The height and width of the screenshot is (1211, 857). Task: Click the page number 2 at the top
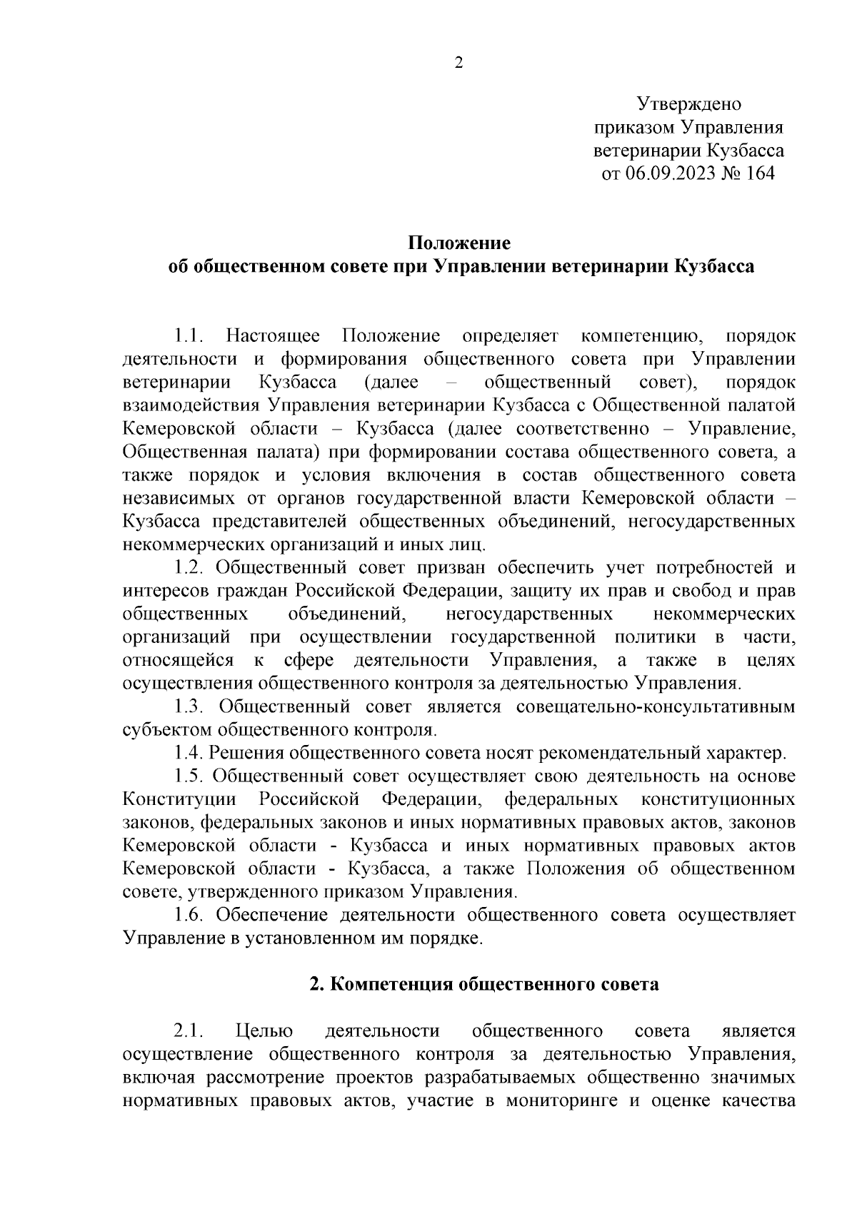[x=459, y=64]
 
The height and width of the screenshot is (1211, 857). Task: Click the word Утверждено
[x=689, y=104]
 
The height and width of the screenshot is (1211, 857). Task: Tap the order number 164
[x=759, y=173]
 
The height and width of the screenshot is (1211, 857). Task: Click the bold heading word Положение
[x=459, y=243]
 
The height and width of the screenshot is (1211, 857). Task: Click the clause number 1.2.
[x=189, y=567]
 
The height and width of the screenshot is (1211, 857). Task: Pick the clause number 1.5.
[x=189, y=776]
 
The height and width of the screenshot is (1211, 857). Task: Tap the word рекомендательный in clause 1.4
[x=621, y=753]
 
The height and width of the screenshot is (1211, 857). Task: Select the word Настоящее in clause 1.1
[x=273, y=336]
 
